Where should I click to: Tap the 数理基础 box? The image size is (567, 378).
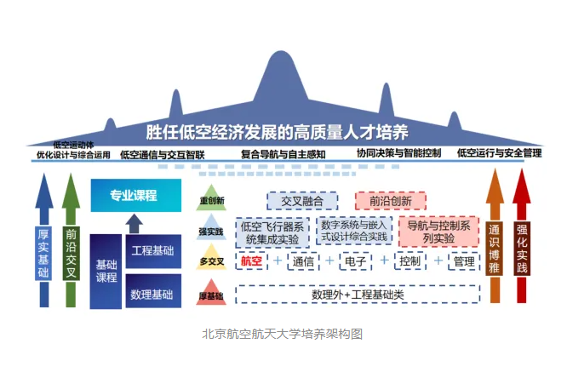153,294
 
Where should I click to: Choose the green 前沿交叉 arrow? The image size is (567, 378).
72,243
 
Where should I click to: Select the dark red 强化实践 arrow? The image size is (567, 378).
523,243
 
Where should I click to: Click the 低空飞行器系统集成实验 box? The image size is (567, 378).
272,233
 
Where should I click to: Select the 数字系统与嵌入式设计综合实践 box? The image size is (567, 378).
355,232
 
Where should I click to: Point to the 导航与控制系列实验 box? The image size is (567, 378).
438,233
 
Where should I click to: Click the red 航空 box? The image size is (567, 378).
251,261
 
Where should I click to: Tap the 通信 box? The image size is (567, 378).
304,261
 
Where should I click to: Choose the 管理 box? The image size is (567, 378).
464,261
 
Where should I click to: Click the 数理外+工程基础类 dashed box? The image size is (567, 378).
358,294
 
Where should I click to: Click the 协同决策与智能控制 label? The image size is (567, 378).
399,154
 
